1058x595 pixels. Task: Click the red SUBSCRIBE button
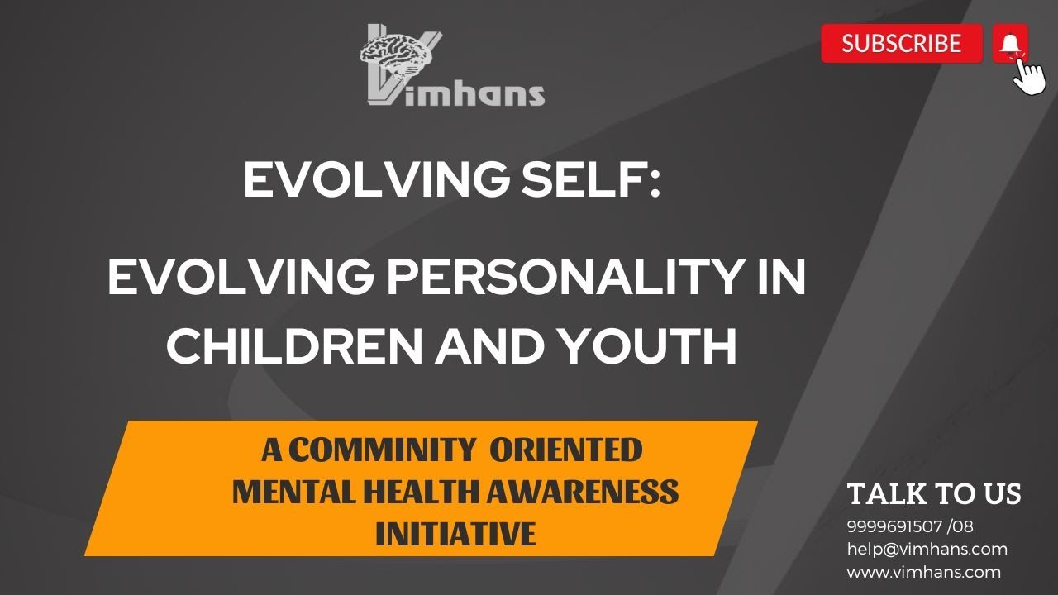click(901, 44)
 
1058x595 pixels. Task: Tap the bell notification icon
click(1009, 43)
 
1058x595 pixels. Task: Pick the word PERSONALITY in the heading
click(542, 279)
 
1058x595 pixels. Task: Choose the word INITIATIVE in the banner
click(455, 534)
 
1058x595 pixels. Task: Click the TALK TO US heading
click(934, 494)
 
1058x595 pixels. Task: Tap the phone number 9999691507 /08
click(910, 526)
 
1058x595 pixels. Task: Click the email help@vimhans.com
click(927, 549)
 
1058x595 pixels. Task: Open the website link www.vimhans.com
click(923, 572)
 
